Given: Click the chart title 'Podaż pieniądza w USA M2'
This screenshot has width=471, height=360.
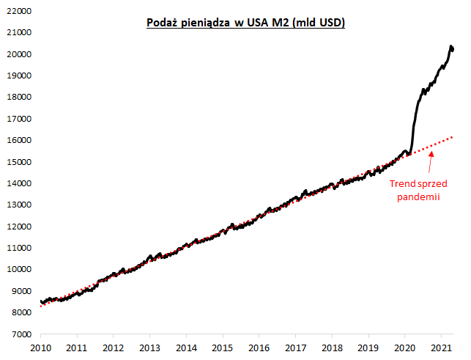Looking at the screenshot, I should (244, 23).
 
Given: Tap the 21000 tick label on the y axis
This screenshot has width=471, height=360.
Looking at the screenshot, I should (18, 33).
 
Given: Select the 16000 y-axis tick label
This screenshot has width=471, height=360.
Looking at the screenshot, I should (18, 141).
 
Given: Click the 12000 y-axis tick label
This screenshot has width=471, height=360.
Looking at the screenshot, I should (18, 227).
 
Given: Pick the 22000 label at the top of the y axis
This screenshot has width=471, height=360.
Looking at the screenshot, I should (18, 12).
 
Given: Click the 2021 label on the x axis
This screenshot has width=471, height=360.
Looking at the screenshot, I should (442, 348).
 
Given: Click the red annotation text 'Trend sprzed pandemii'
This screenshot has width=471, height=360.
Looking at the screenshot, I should (418, 190).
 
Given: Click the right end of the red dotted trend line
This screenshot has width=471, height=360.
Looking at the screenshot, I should (452, 137).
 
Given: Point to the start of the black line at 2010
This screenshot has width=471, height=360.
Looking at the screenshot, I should (40, 301).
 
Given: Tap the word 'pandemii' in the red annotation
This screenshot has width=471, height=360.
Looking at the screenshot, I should (418, 197).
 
